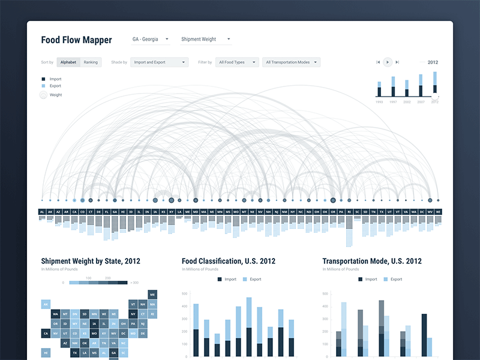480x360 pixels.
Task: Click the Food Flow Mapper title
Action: pyautogui.click(x=76, y=40)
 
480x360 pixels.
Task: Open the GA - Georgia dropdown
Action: pyautogui.click(x=150, y=40)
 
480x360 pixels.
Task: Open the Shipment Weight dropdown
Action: pyautogui.click(x=206, y=40)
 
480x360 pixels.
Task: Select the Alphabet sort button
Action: pyautogui.click(x=68, y=62)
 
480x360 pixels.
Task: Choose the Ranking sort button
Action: pyautogui.click(x=91, y=62)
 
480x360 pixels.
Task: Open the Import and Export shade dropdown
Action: pyautogui.click(x=159, y=62)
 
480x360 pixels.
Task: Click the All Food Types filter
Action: pyautogui.click(x=238, y=62)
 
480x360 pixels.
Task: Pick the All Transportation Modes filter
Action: pyautogui.click(x=291, y=62)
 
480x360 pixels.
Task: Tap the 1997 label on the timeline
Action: pyautogui.click(x=392, y=102)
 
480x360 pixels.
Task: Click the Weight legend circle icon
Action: pyautogui.click(x=43, y=95)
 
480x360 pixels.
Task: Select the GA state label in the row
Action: pyautogui.click(x=115, y=212)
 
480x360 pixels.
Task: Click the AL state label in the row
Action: pyautogui.click(x=42, y=212)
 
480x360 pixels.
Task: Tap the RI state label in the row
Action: pyautogui.click(x=349, y=212)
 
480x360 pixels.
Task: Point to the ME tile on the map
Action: pyautogui.click(x=152, y=295)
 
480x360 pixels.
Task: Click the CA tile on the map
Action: pyautogui.click(x=45, y=332)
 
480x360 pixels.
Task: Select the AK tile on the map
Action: pyautogui.click(x=45, y=304)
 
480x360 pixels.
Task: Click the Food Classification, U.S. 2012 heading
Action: pyautogui.click(x=229, y=261)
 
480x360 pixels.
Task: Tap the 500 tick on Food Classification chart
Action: pyautogui.click(x=184, y=293)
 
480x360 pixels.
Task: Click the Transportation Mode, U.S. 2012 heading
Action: pyautogui.click(x=372, y=261)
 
